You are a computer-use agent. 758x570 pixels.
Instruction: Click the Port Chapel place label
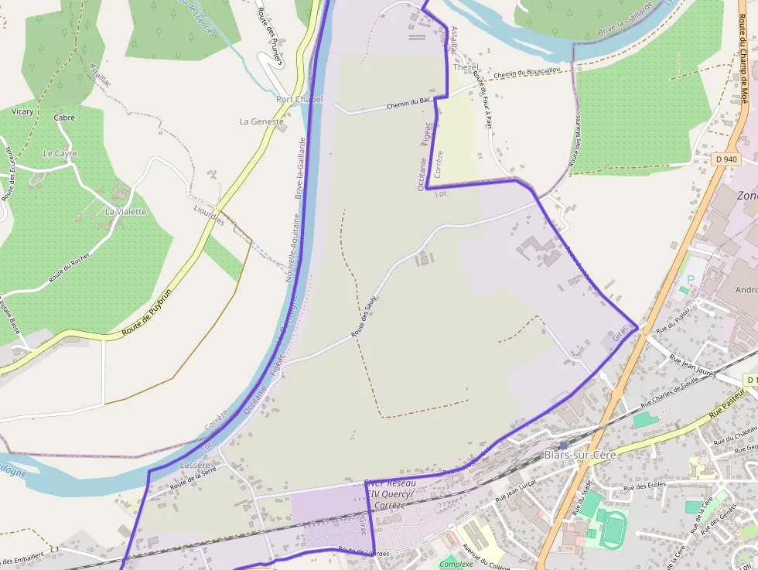tap(299, 100)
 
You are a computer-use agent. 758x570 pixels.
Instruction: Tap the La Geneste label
tap(261, 121)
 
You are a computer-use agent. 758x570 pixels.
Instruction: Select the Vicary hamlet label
tap(23, 111)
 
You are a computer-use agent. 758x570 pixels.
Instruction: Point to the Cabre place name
tap(64, 118)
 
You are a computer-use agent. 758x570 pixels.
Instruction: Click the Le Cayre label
tap(60, 153)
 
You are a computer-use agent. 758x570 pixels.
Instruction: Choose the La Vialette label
tap(125, 211)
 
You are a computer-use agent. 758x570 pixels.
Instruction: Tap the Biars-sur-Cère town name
tap(579, 454)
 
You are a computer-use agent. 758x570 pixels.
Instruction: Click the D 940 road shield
tap(726, 159)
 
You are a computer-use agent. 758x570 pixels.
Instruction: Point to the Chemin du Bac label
tap(408, 102)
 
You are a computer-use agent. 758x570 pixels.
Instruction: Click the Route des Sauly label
tap(368, 319)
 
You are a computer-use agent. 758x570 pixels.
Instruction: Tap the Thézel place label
tap(466, 67)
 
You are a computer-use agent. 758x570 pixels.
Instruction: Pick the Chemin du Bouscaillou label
tap(527, 72)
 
